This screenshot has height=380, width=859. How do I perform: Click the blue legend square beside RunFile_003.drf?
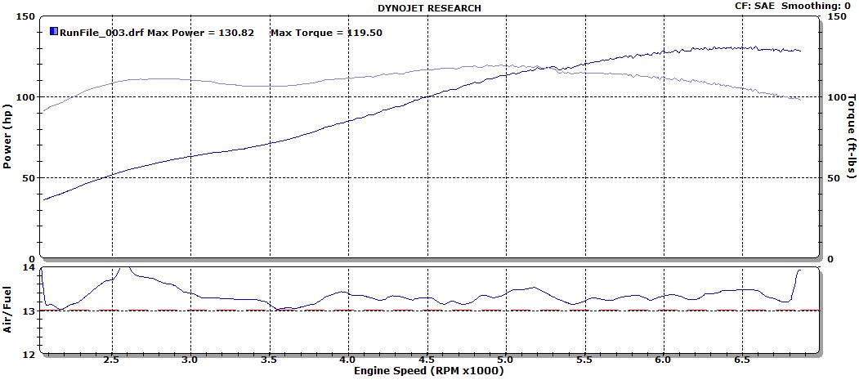54,32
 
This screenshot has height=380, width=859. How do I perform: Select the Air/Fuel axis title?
8,311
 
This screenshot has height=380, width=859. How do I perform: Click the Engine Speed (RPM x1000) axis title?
428,371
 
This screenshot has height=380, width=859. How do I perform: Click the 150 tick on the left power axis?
25,16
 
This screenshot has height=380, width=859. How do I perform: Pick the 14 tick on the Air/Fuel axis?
29,268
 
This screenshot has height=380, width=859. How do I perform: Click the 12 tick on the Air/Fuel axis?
29,354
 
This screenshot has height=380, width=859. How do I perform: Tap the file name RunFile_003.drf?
97,33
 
